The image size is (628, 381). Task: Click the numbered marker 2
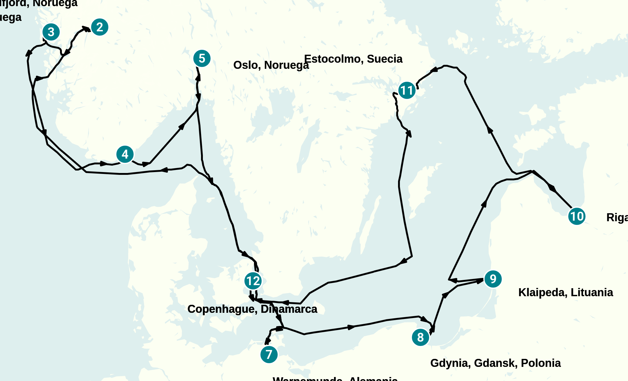(x=100, y=27)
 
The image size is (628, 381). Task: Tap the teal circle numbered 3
(x=51, y=32)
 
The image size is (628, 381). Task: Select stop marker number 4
(x=125, y=154)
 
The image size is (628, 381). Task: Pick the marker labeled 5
(x=202, y=58)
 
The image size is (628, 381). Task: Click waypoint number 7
(x=269, y=355)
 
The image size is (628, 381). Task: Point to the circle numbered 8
(x=421, y=337)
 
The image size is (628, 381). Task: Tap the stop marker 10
(x=577, y=216)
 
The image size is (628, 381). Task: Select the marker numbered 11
(x=407, y=91)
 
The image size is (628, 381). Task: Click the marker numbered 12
(x=253, y=281)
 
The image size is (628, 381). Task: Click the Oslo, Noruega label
(x=271, y=65)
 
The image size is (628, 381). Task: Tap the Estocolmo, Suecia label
(x=353, y=59)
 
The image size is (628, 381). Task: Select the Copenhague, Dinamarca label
(x=252, y=309)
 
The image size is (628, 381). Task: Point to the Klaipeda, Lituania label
(x=566, y=293)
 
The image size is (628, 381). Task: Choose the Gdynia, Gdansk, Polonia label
(x=495, y=363)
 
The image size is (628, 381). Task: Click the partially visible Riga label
(x=617, y=218)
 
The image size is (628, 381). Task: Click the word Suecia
(x=385, y=59)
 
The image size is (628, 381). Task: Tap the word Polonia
(x=541, y=363)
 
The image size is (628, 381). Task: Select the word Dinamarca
(x=289, y=309)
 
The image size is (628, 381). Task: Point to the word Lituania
(x=592, y=293)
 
